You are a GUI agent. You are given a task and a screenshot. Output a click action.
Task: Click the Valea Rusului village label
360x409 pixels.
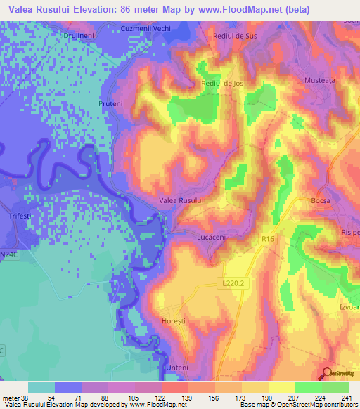click(x=181, y=201)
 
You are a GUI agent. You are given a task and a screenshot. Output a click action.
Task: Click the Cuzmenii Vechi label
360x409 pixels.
click(x=146, y=27)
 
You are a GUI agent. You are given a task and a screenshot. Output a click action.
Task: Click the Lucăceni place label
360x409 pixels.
click(x=210, y=238)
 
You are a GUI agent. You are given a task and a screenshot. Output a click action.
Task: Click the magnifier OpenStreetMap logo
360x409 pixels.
click(x=326, y=372)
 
